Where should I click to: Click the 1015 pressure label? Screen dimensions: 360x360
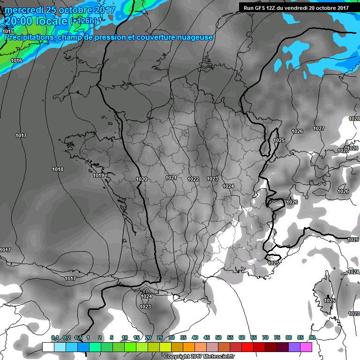pos(7,31)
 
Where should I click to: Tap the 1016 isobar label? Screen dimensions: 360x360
pos(16,61)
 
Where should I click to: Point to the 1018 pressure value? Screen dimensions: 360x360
pos(58,169)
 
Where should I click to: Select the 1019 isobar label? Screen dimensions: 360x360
pos(98,176)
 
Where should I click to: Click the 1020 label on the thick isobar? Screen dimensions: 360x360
pos(142,179)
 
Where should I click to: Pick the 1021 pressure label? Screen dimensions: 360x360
pos(171,178)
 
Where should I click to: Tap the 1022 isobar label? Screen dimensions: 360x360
pos(193,179)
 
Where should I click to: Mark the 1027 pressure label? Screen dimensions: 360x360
pos(319,128)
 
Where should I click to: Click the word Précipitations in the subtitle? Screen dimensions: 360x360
pos(30,37)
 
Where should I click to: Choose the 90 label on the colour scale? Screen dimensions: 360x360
pos(312,337)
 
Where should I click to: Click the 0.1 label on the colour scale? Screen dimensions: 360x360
pos(54,337)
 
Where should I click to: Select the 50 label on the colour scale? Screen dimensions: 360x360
pos(218,337)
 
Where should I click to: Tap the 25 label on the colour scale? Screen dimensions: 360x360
pos(160,337)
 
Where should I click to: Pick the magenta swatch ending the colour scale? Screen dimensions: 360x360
pos(306,347)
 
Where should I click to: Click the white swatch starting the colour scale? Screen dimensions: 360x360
pos(48,347)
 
